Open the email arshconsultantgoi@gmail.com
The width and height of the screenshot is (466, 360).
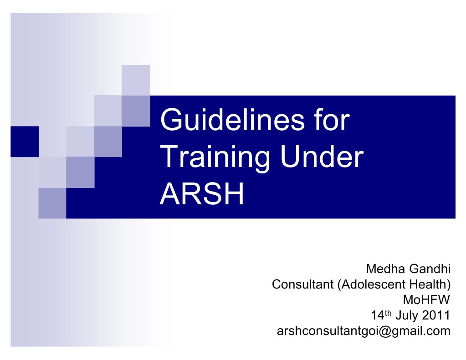coord(364,330)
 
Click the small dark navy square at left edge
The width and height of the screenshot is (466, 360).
coord(24,141)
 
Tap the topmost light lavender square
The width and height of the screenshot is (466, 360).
coord(136,80)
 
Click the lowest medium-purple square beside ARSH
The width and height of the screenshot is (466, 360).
coord(52,203)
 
